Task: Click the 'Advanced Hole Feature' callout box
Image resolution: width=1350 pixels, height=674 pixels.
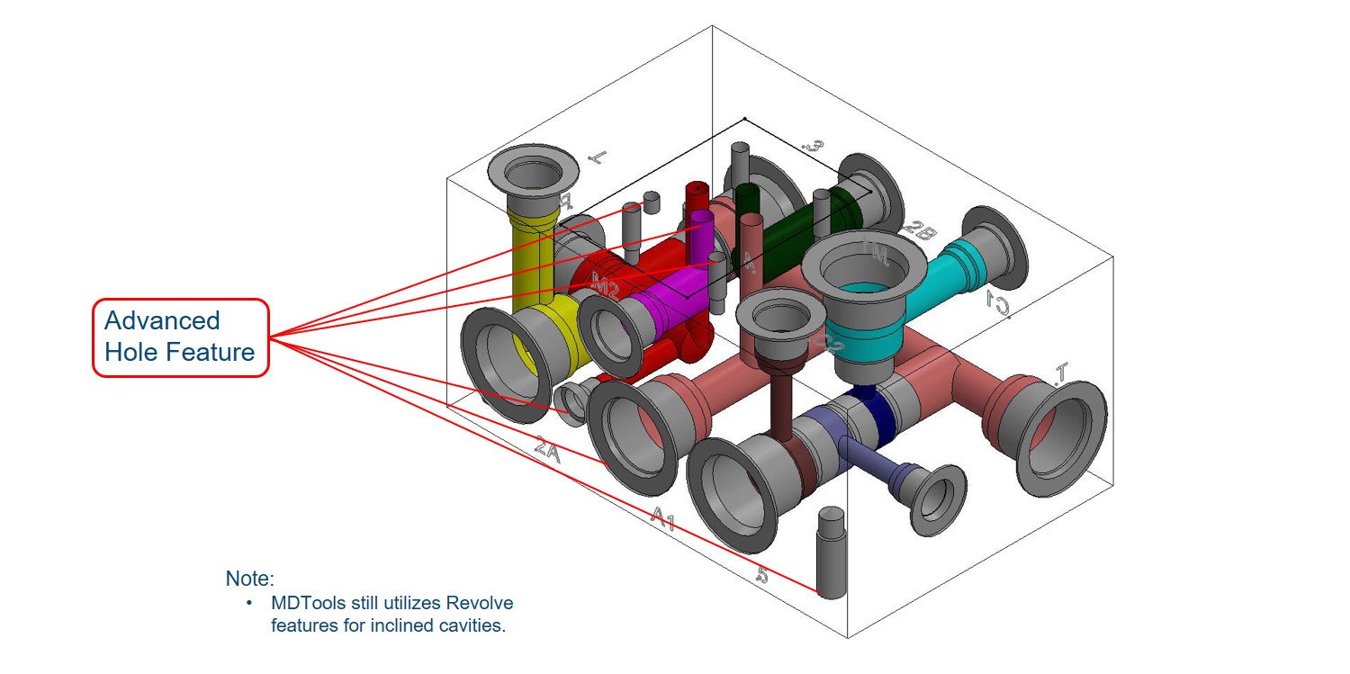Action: coord(181,337)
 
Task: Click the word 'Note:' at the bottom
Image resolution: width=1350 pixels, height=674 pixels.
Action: coord(249,579)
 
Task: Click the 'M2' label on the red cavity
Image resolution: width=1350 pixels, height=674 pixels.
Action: coord(605,288)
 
